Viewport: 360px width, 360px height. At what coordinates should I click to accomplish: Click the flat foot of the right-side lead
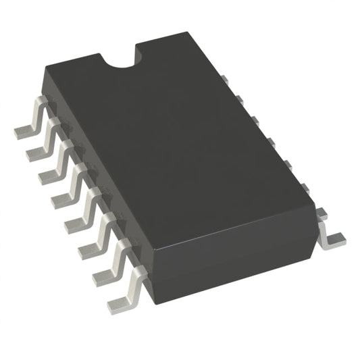pos(332,238)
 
